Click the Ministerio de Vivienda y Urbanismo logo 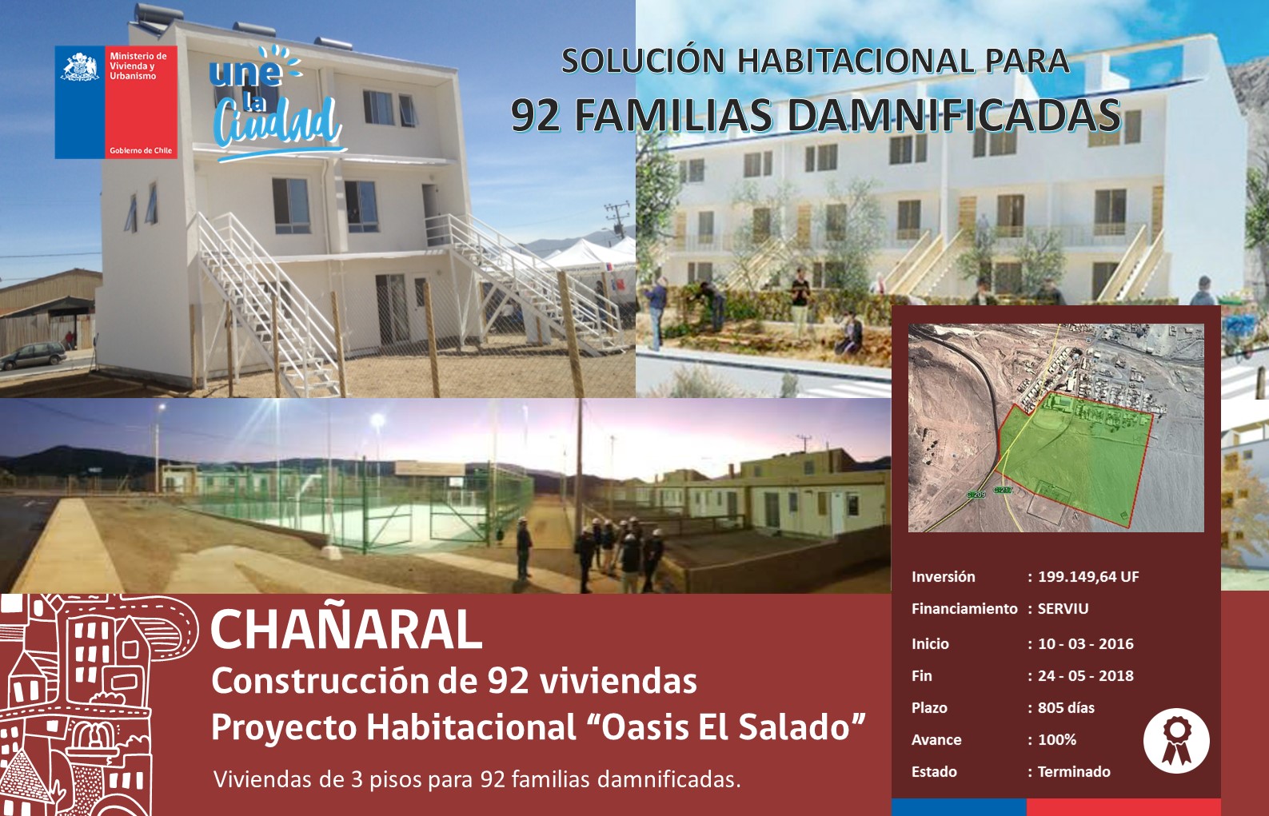[x=116, y=102]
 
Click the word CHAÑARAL [x=346, y=631]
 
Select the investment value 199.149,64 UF [x=1088, y=576]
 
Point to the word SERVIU [x=1063, y=609]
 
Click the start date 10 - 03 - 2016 [x=1085, y=644]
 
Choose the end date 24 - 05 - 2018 [x=1085, y=675]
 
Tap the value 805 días [x=1066, y=708]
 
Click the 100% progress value [x=1057, y=739]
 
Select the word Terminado [x=1074, y=772]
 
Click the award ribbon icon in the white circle [x=1177, y=741]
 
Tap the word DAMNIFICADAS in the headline [x=954, y=116]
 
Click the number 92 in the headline [x=536, y=116]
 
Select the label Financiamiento [x=964, y=609]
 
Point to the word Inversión [x=944, y=576]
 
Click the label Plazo [x=929, y=708]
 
